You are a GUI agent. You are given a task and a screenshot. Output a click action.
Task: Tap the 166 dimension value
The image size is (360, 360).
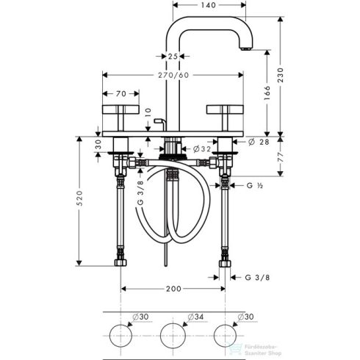pos(267,93)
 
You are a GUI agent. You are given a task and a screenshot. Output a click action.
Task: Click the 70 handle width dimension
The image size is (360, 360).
pos(120,93)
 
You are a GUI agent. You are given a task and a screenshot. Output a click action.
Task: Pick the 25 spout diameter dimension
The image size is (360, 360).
pos(173,56)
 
